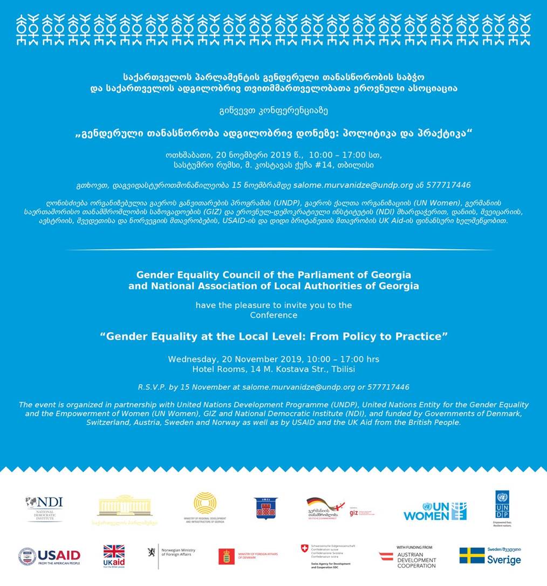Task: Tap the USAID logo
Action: (49, 556)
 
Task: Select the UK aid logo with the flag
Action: (114, 556)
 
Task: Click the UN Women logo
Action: (435, 510)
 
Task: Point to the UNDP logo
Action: (502, 508)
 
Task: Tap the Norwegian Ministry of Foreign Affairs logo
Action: (171, 555)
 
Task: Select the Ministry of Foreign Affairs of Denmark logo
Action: (248, 556)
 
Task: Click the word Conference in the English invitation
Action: (273, 315)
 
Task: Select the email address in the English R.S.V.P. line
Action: (299, 387)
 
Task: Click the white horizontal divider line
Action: (278, 249)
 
